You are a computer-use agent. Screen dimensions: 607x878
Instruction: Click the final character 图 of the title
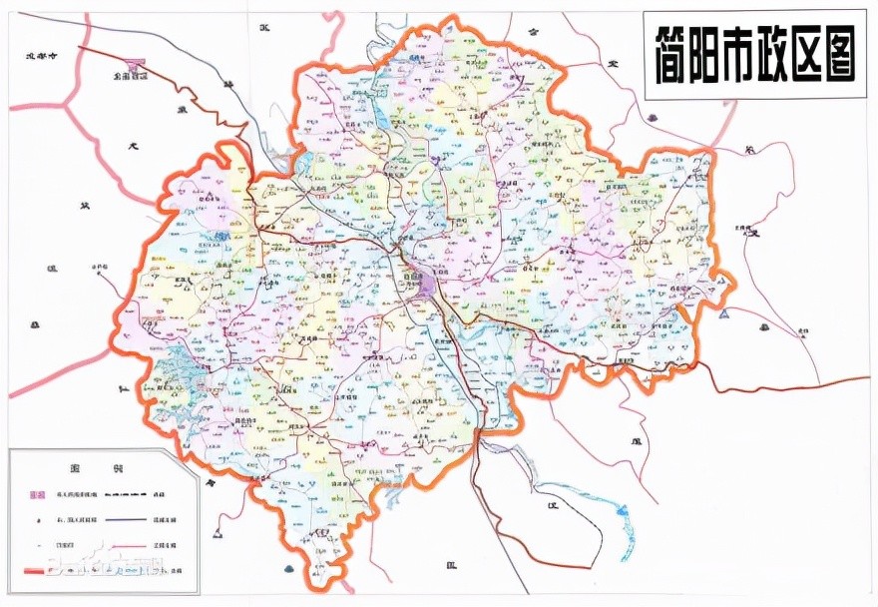click(846, 55)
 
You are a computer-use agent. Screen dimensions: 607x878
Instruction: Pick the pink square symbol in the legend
click(38, 495)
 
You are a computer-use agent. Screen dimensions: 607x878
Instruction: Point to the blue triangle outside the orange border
click(723, 313)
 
